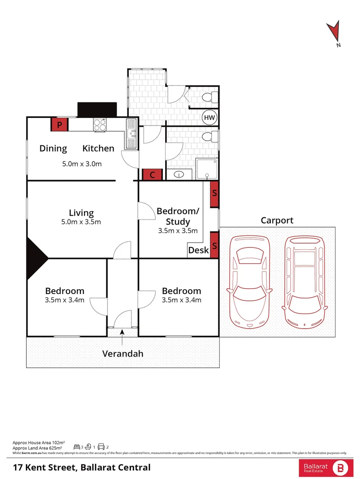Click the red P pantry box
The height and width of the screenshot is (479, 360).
pyautogui.click(x=59, y=125)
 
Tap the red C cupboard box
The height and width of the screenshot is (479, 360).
pyautogui.click(x=152, y=175)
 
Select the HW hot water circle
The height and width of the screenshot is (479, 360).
pyautogui.click(x=210, y=118)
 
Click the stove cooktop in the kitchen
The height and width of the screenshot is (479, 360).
pyautogui.click(x=100, y=125)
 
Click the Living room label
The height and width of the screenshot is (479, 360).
pyautogui.click(x=81, y=213)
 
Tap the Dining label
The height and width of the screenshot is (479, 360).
pyautogui.click(x=53, y=149)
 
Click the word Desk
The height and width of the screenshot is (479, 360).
pyautogui.click(x=198, y=250)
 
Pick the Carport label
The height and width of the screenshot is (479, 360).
pyautogui.click(x=277, y=220)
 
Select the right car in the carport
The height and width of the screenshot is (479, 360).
pyautogui.click(x=305, y=283)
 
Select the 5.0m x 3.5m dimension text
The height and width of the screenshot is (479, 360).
pyautogui.click(x=82, y=222)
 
